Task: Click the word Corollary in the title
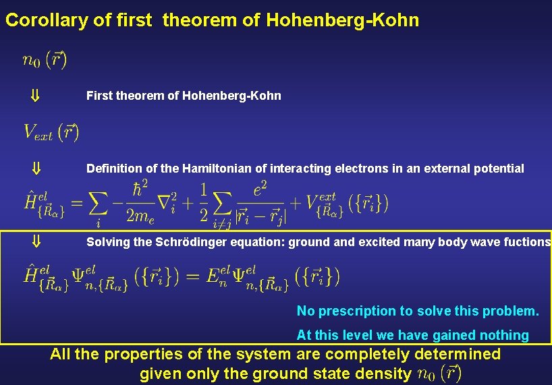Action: click(x=47, y=21)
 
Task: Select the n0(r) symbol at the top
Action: click(x=44, y=61)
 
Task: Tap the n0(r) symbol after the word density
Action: click(x=439, y=373)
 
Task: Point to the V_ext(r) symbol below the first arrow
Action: click(x=51, y=132)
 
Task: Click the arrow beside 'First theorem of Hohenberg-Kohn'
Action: click(x=36, y=96)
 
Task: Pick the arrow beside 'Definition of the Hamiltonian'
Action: click(x=36, y=169)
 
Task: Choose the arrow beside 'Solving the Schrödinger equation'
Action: click(x=36, y=241)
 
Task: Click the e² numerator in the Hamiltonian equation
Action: click(x=260, y=191)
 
